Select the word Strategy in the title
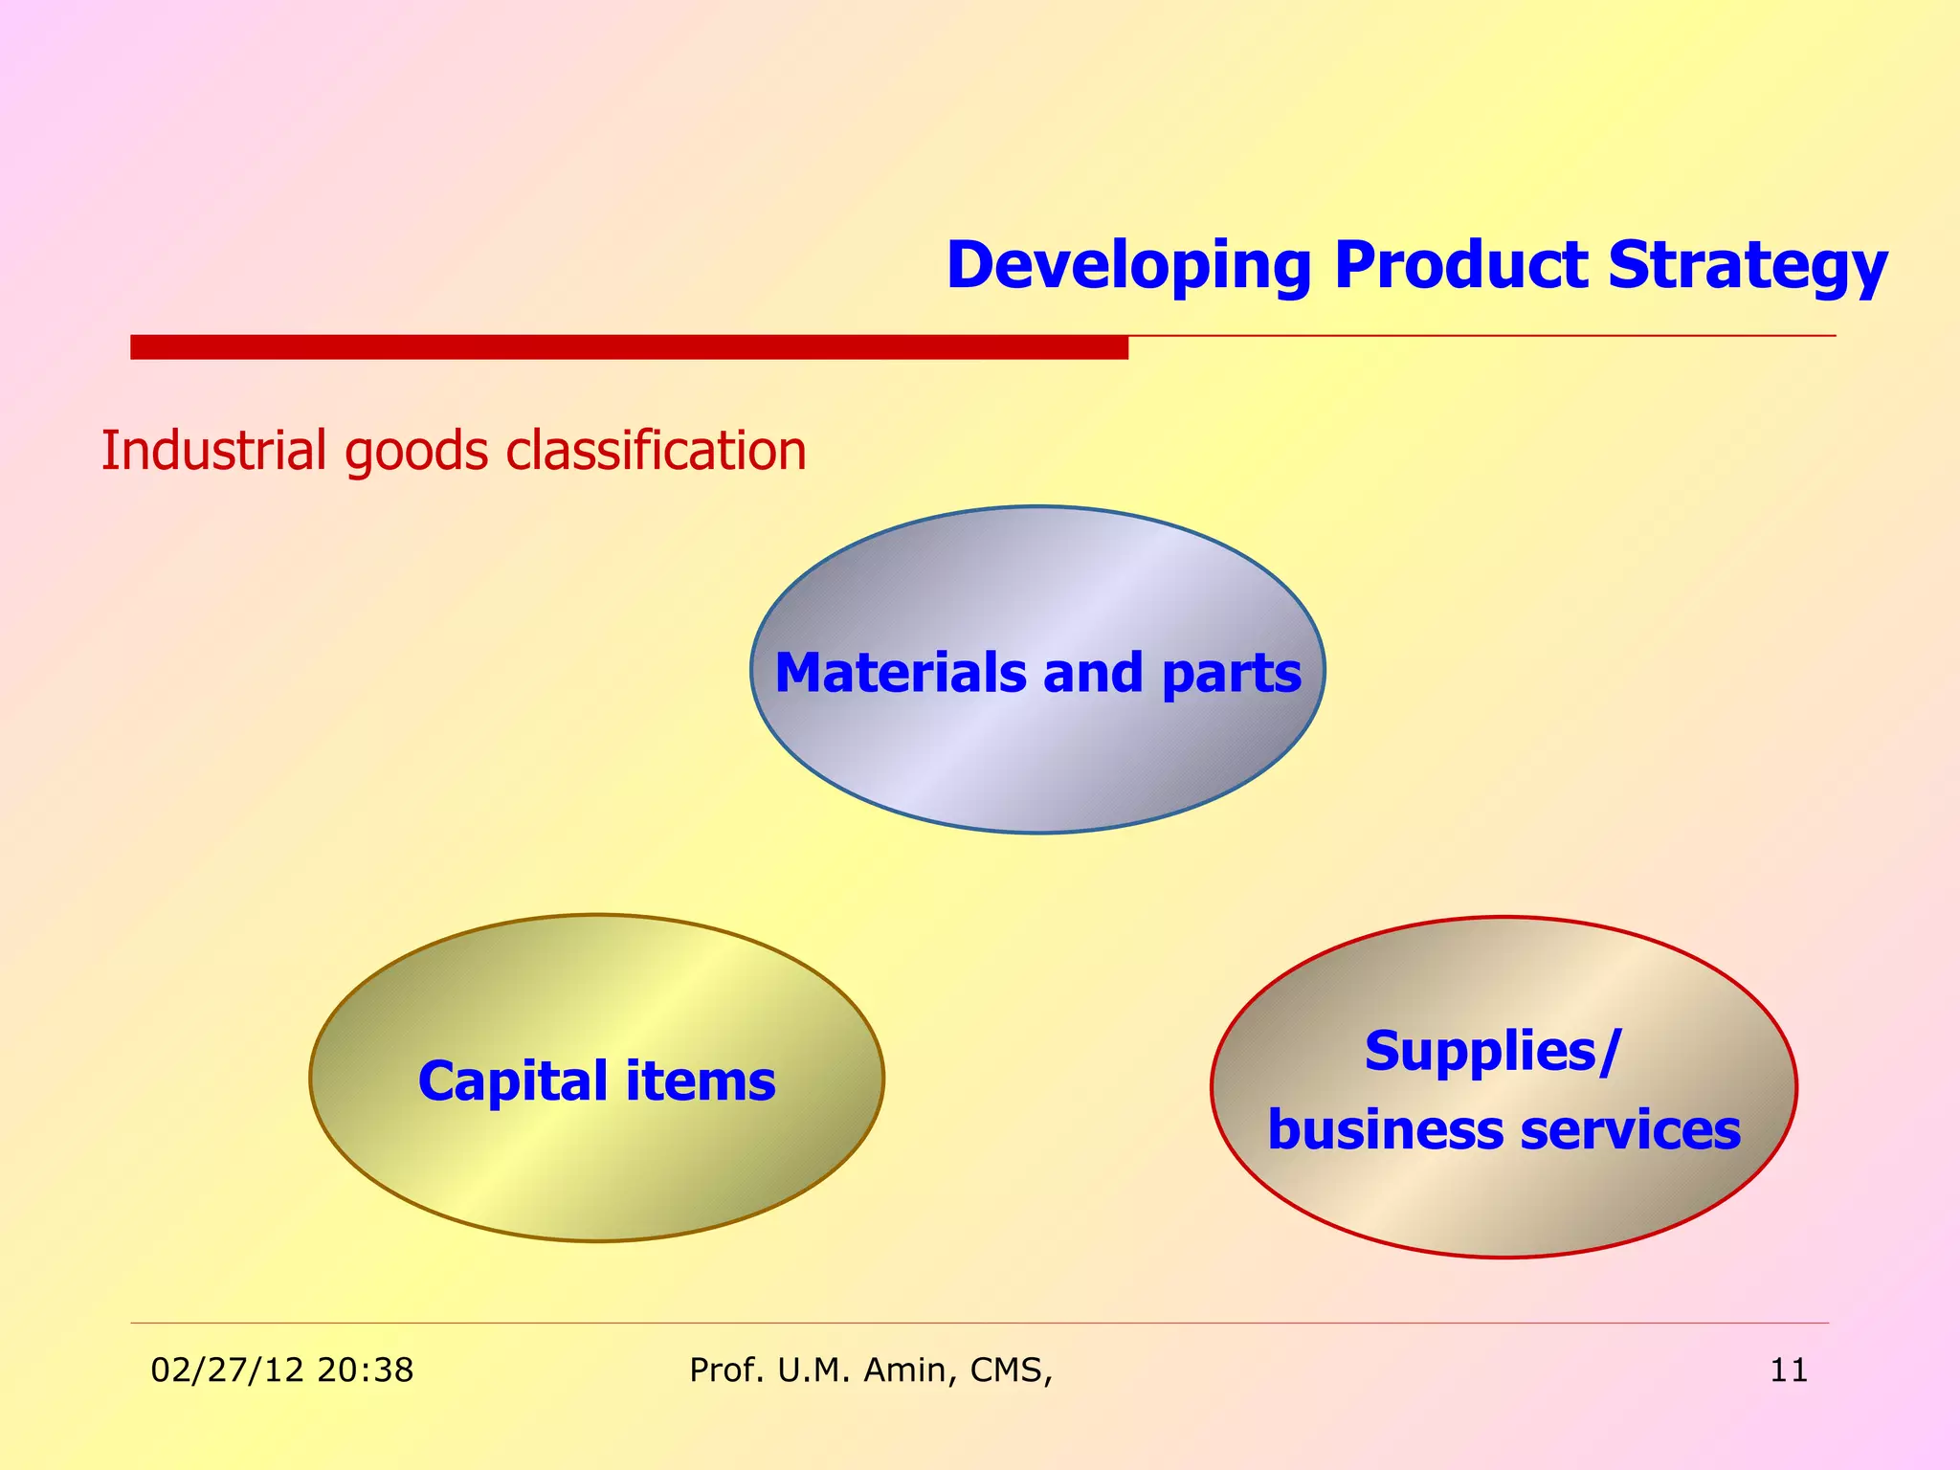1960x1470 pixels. (1748, 267)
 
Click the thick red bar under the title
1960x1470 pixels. (629, 346)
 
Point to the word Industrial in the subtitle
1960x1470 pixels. (214, 451)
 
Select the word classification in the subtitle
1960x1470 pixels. (656, 451)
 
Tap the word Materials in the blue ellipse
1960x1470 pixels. (901, 673)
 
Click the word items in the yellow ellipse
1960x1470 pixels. (701, 1081)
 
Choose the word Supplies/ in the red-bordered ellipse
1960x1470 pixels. (1492, 1052)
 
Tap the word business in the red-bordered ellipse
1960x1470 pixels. (1386, 1130)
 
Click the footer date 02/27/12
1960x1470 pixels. (227, 1370)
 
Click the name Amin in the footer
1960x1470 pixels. (908, 1370)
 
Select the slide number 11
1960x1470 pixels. (1789, 1370)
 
